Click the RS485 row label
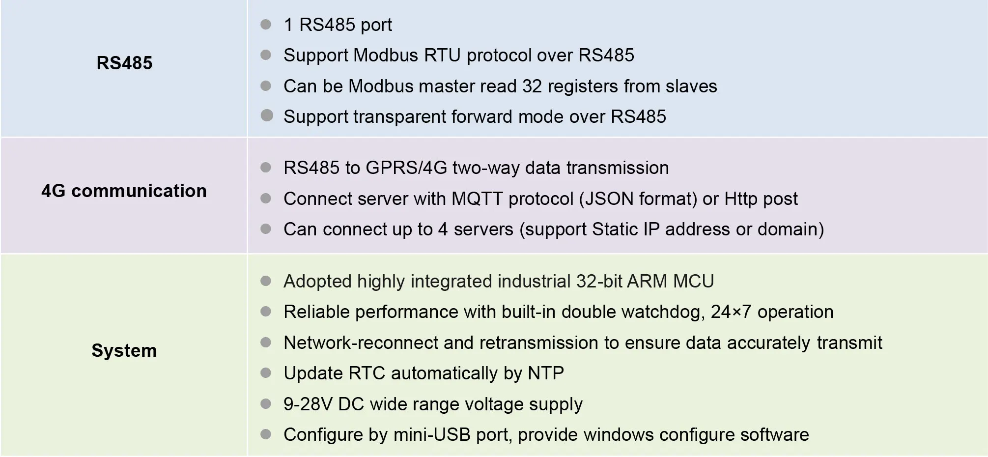coord(124,63)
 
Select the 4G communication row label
coord(124,191)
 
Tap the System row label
coord(124,350)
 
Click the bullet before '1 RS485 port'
coord(266,25)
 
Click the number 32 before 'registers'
coord(532,86)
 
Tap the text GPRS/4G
coord(406,168)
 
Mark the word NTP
coord(545,373)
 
